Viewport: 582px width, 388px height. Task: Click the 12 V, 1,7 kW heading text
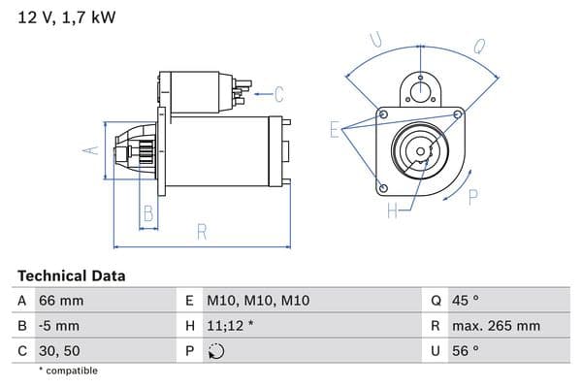pyautogui.click(x=67, y=17)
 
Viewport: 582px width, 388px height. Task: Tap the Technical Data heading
pyautogui.click(x=72, y=275)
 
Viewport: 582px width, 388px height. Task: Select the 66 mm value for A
pyautogui.click(x=61, y=301)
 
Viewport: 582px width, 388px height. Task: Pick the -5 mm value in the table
pyautogui.click(x=59, y=326)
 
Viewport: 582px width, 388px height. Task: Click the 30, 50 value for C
pyautogui.click(x=59, y=351)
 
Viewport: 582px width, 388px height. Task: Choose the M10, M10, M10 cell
pyautogui.click(x=258, y=301)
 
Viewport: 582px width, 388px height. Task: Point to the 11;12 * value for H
pyautogui.click(x=230, y=326)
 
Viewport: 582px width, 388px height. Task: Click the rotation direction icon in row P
pyautogui.click(x=216, y=351)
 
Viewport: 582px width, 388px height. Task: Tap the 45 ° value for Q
pyautogui.click(x=466, y=301)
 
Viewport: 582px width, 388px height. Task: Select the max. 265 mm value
pyautogui.click(x=496, y=326)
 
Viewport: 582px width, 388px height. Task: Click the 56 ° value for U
pyautogui.click(x=466, y=351)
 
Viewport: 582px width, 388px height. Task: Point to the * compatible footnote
pyautogui.click(x=68, y=371)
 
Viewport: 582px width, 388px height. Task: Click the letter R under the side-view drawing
pyautogui.click(x=202, y=232)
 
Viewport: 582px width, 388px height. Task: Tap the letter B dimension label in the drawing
pyautogui.click(x=148, y=213)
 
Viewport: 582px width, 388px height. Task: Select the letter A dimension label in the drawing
pyautogui.click(x=90, y=150)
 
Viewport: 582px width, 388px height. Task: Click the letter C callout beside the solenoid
pyautogui.click(x=279, y=94)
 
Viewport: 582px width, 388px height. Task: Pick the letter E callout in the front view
pyautogui.click(x=335, y=130)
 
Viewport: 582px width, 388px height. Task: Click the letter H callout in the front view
pyautogui.click(x=392, y=210)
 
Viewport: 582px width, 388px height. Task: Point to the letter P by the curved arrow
pyautogui.click(x=473, y=197)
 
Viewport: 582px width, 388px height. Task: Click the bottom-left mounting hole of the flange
pyautogui.click(x=384, y=188)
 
